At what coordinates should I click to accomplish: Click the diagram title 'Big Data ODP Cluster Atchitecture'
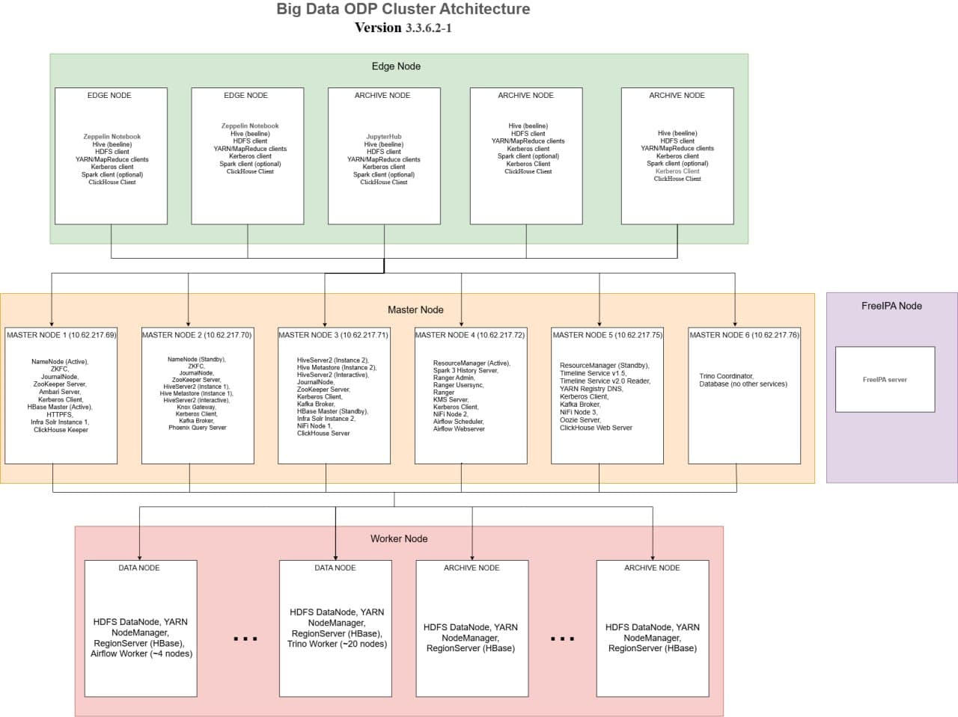click(x=403, y=9)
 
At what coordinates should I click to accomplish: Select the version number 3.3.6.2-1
click(x=428, y=28)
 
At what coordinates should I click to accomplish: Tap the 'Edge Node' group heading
click(x=396, y=67)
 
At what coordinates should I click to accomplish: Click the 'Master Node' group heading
click(x=415, y=310)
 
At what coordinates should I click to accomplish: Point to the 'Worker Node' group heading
click(x=399, y=538)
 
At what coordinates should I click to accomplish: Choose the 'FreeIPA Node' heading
click(x=891, y=306)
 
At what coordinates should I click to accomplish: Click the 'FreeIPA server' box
click(x=885, y=380)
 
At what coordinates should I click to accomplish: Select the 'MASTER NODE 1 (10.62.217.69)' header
click(x=61, y=335)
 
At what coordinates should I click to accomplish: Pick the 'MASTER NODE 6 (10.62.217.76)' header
click(x=744, y=335)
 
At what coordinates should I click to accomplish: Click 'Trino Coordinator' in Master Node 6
click(x=726, y=376)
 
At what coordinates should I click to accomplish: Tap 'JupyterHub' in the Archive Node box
click(x=384, y=137)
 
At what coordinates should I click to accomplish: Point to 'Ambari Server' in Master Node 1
click(x=59, y=392)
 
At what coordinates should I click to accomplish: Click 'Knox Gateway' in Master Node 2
click(x=196, y=407)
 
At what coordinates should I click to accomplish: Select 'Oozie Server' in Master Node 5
click(x=579, y=419)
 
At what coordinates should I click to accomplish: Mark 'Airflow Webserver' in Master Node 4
click(x=459, y=429)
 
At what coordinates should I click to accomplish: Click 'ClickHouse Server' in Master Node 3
click(x=323, y=433)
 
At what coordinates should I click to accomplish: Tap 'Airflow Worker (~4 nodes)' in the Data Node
click(x=141, y=653)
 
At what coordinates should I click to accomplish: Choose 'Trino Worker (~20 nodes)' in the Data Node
click(x=337, y=644)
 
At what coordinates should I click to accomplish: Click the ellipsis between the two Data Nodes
click(x=245, y=638)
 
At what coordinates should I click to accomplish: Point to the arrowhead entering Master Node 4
click(x=461, y=323)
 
